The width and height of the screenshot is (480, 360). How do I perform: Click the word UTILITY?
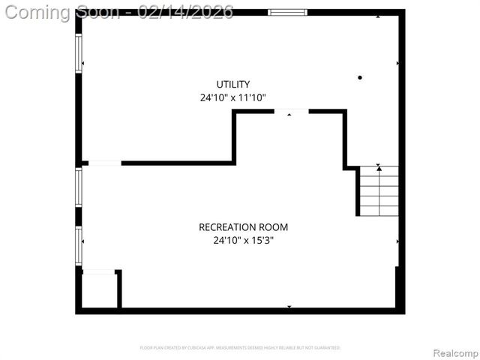click(x=233, y=85)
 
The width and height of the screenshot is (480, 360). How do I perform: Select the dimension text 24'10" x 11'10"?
click(x=233, y=98)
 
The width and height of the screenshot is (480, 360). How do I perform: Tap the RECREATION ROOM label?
click(x=243, y=227)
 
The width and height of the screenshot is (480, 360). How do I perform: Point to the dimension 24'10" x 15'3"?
click(x=243, y=241)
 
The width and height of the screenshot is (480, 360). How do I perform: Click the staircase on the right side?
click(x=379, y=191)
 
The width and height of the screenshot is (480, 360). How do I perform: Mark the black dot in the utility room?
click(x=360, y=77)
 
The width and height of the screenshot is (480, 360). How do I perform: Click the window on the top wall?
click(x=288, y=12)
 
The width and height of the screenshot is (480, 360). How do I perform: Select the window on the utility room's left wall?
click(x=78, y=53)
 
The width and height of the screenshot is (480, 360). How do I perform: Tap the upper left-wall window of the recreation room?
click(x=78, y=187)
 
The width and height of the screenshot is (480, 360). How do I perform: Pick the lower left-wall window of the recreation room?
click(x=78, y=245)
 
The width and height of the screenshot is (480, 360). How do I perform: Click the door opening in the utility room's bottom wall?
click(x=291, y=112)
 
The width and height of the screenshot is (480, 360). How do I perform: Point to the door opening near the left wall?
click(x=104, y=163)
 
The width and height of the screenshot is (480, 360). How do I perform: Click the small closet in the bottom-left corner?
click(x=98, y=291)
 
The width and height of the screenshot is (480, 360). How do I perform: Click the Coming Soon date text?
click(x=119, y=11)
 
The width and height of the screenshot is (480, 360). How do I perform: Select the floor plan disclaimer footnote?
click(x=240, y=348)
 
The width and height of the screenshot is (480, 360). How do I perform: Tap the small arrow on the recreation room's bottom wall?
click(x=289, y=307)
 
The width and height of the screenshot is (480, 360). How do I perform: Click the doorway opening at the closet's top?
click(x=98, y=272)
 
